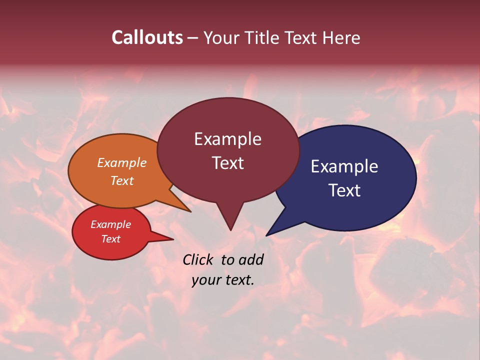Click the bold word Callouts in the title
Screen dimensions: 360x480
pyautogui.click(x=147, y=37)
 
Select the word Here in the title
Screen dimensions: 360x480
pyautogui.click(x=341, y=37)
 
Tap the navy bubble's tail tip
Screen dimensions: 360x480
pyautogui.click(x=267, y=235)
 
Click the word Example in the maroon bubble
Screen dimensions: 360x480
pyautogui.click(x=227, y=139)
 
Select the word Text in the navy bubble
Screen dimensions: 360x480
pyautogui.click(x=344, y=190)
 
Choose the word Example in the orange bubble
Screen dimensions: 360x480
pyautogui.click(x=122, y=162)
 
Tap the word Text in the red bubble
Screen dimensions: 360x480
pyautogui.click(x=110, y=239)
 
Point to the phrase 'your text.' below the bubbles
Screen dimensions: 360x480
pyautogui.click(x=222, y=280)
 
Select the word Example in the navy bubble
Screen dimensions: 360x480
pyautogui.click(x=344, y=166)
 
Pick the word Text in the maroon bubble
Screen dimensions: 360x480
pyautogui.click(x=227, y=163)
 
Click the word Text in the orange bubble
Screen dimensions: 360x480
pyautogui.click(x=122, y=180)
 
